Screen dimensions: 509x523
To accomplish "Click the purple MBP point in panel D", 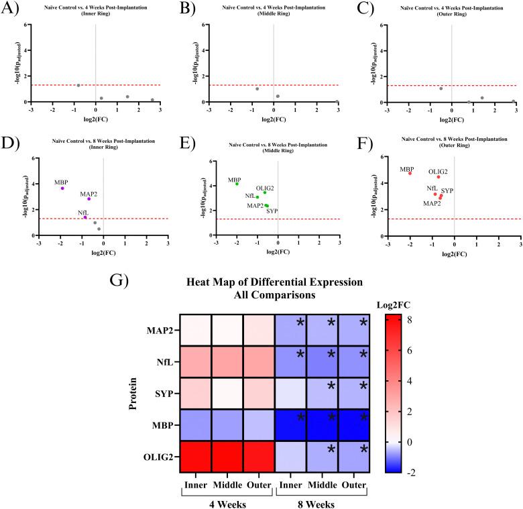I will coord(62,188).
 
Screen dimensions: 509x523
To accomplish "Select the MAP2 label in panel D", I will coord(89,194).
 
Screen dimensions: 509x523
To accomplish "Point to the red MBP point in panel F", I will coord(410,173).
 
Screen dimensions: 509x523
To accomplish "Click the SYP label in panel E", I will coord(272,211).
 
